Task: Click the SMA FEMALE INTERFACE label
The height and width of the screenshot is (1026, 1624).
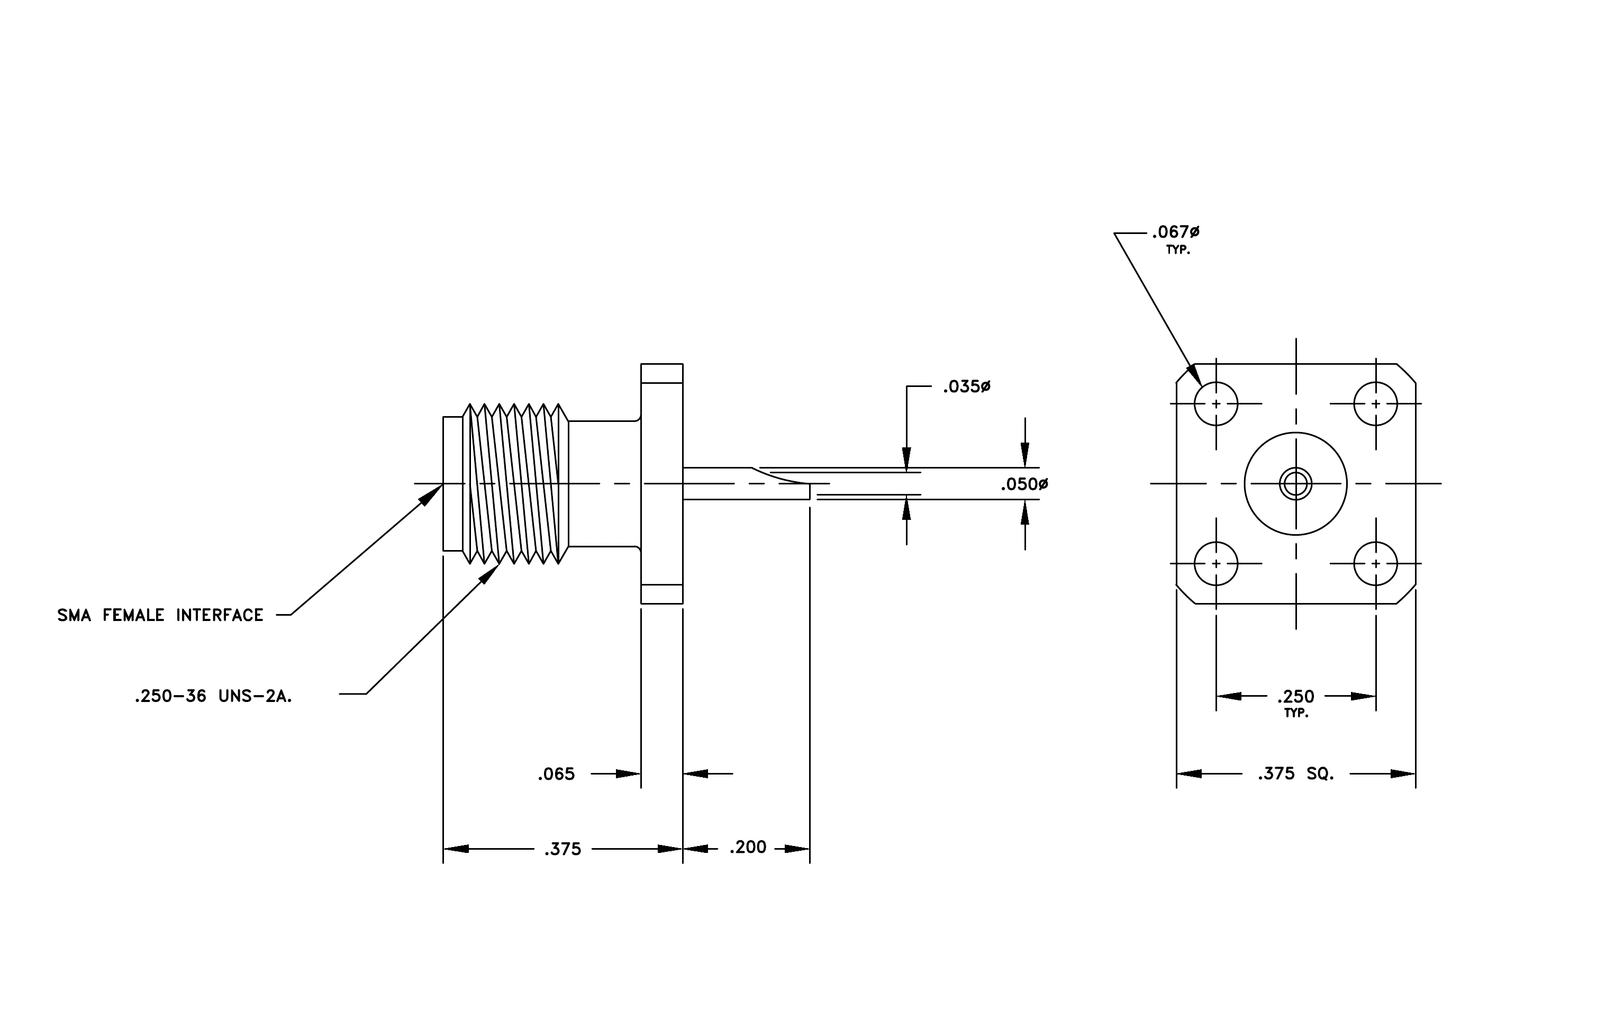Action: tap(160, 615)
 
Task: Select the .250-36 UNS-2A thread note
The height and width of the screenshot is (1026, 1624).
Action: tap(213, 697)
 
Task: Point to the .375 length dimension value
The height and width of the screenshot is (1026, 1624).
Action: tap(562, 849)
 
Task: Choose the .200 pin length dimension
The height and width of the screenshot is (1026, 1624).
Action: tap(748, 847)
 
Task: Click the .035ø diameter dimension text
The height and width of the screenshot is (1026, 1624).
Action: tap(966, 387)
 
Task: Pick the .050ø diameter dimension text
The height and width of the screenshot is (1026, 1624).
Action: tap(1024, 484)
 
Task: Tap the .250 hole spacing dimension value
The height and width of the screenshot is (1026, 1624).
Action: tap(1295, 696)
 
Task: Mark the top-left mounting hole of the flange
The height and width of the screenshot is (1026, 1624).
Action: tap(1216, 404)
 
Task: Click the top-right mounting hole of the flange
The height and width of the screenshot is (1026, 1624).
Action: tap(1375, 404)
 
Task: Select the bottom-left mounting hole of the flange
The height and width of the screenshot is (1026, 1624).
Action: tap(1216, 563)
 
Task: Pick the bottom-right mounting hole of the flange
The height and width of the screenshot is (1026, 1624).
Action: tap(1375, 563)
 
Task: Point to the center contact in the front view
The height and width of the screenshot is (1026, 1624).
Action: tap(1295, 484)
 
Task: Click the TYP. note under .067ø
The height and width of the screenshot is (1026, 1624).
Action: tap(1178, 250)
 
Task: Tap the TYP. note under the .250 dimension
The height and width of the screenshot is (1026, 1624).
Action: tap(1295, 714)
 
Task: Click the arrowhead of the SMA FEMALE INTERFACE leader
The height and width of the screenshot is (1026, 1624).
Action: tap(432, 495)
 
